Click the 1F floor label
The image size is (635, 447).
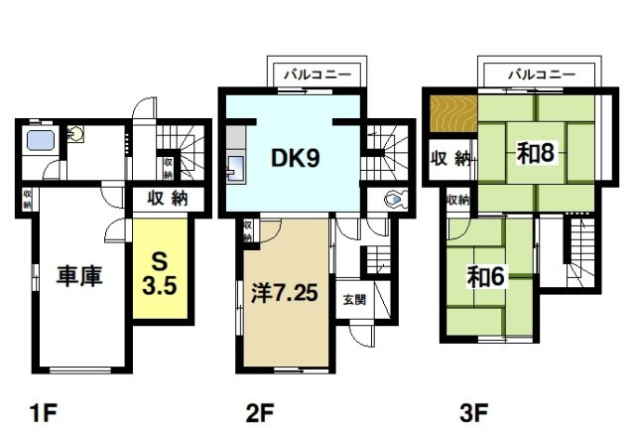(43, 413)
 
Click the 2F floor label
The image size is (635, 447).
(260, 413)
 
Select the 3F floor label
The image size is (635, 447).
(474, 413)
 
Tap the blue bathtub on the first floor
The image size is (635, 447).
(41, 140)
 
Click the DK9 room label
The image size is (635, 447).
(296, 158)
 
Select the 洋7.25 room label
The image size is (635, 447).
(285, 292)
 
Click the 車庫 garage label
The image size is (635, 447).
(79, 276)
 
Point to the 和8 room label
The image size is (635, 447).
(535, 153)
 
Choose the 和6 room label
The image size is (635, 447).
(485, 277)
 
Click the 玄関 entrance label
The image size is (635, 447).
(355, 300)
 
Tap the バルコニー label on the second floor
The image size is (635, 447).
(317, 75)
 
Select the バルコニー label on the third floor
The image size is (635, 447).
(542, 74)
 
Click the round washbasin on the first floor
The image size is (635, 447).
(75, 133)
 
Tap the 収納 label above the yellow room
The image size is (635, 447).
(168, 199)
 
